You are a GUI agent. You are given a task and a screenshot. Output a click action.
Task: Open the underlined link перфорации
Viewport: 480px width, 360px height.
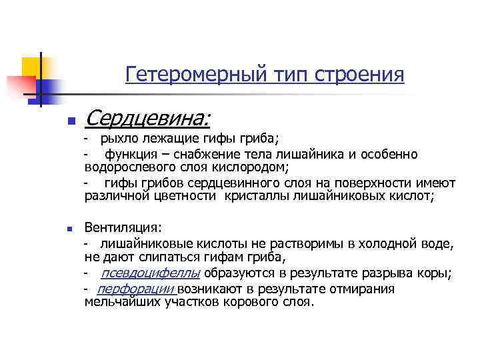pyautogui.click(x=136, y=289)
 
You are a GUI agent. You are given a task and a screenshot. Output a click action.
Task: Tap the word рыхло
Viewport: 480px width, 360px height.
pyautogui.click(x=117, y=139)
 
